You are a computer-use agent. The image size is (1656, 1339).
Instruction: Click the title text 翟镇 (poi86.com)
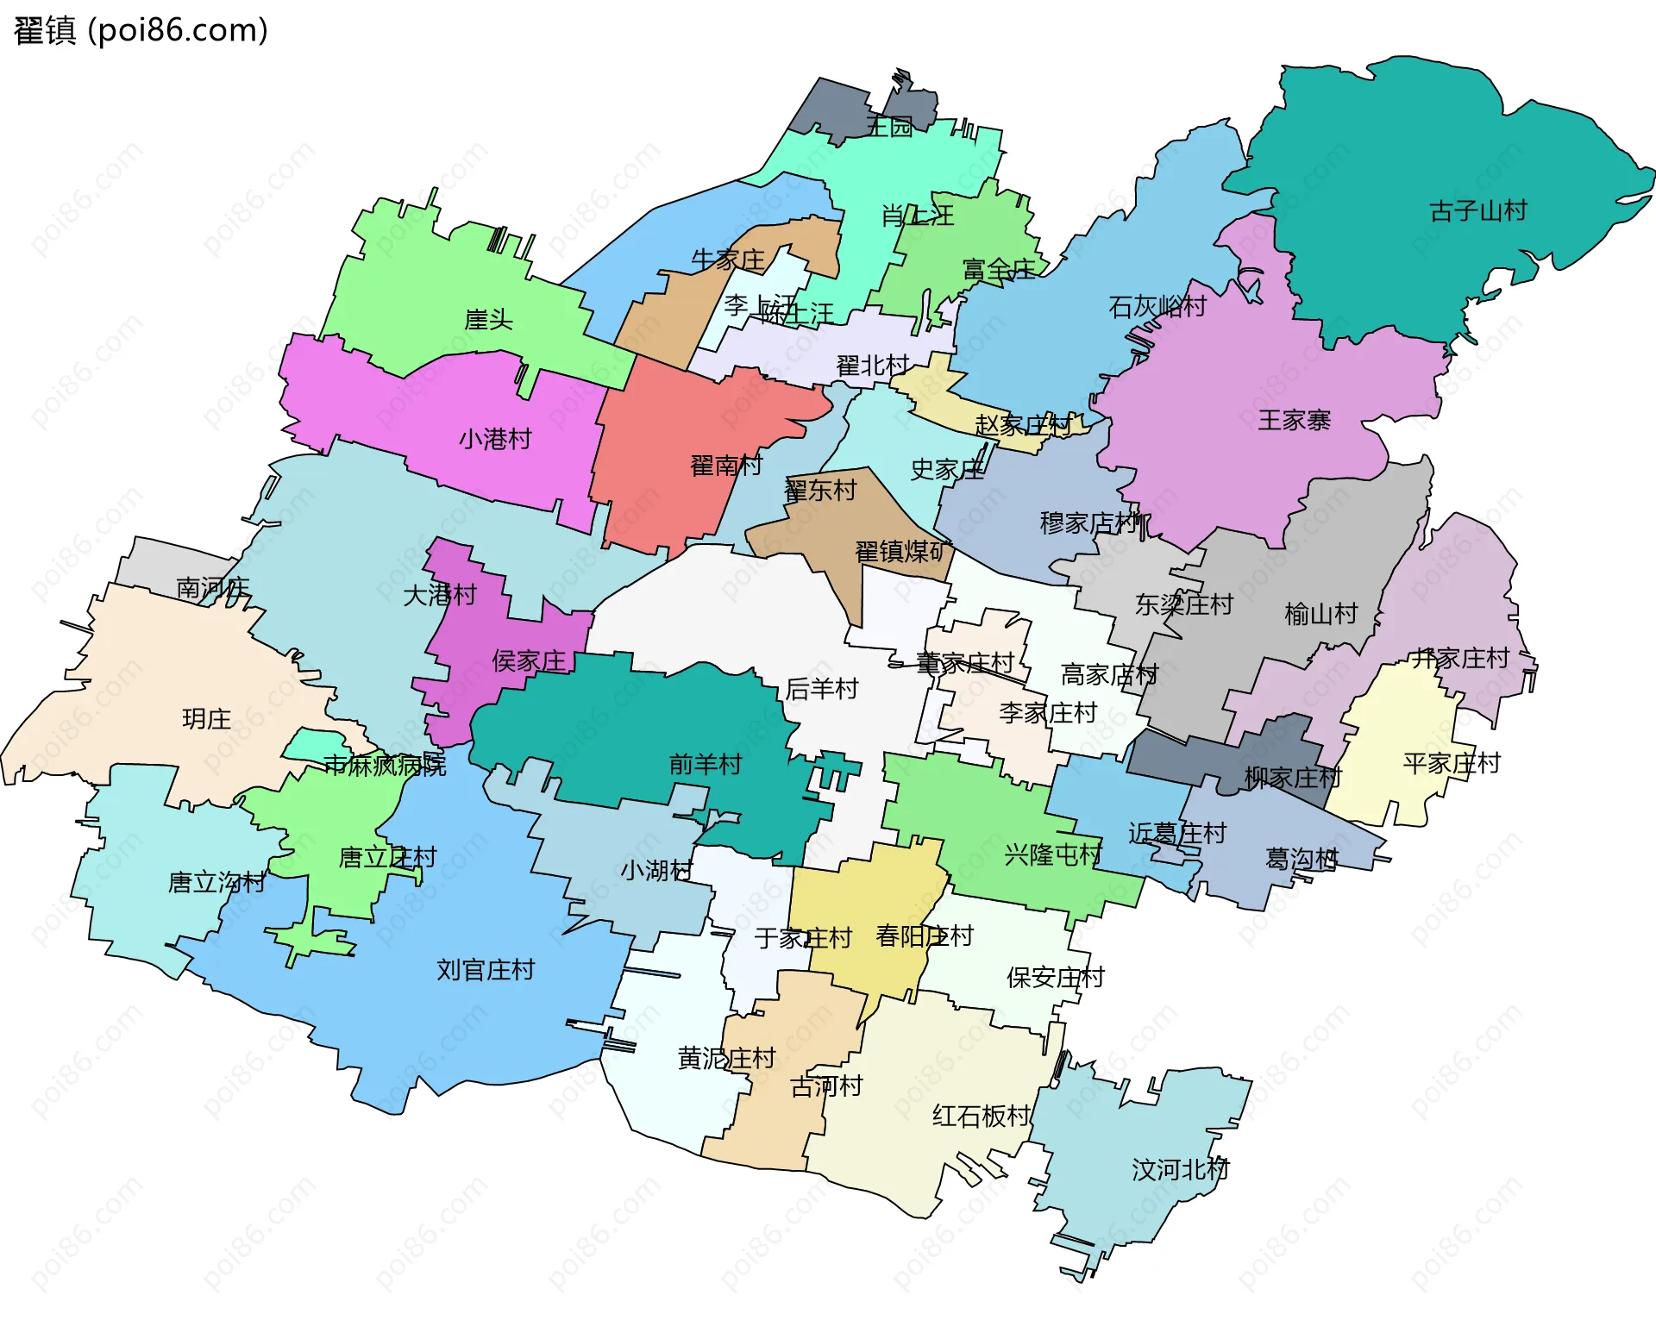pos(141,31)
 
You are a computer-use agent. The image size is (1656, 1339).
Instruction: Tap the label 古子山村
pos(1477,211)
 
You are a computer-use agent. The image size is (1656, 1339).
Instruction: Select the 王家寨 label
pos(1293,421)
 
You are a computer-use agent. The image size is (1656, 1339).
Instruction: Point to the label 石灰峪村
pos(1157,307)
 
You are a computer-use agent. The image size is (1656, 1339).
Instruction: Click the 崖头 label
pos(488,320)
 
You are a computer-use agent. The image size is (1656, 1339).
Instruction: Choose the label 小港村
pos(494,440)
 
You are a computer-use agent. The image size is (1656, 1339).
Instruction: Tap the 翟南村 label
pos(726,466)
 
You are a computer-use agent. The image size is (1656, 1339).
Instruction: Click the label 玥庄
pos(206,719)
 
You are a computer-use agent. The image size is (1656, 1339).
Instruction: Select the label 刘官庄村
pos(485,971)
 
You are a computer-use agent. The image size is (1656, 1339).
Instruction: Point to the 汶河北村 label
pos(1179,1171)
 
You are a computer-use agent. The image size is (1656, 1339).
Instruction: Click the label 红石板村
pos(981,1117)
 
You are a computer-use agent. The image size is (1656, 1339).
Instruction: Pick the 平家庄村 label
pos(1451,764)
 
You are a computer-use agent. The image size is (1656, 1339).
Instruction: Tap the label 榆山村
pos(1320,615)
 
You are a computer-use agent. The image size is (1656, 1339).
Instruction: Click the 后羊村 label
pos(821,689)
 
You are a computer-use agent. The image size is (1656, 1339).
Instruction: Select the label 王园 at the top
pos(889,128)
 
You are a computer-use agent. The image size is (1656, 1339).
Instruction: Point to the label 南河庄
pos(212,589)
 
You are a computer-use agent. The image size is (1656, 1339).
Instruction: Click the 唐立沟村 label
pos(216,883)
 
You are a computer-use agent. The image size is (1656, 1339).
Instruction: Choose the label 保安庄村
pos(1055,978)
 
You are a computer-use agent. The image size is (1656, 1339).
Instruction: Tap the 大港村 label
pos(439,595)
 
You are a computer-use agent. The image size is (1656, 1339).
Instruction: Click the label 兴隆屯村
pos(1052,855)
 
